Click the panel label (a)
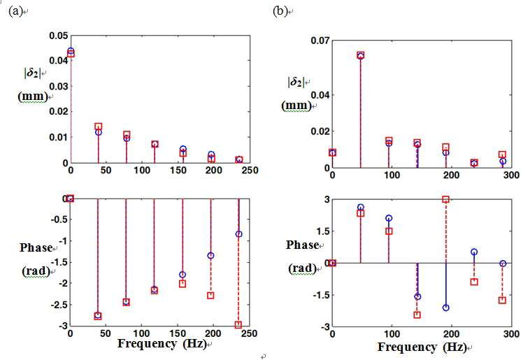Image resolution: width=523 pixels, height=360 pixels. point(15,11)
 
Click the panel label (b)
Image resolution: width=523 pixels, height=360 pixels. point(280,11)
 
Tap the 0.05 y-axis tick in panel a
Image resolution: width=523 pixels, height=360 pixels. point(58,36)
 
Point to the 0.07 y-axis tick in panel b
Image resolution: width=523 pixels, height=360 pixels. point(320,41)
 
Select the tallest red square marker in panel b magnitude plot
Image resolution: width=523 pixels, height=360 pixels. point(361,55)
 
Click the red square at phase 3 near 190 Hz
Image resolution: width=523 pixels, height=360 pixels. point(445,199)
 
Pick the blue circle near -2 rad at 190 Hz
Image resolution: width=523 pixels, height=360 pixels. point(445,308)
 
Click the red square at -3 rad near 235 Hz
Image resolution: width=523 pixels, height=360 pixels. point(238,324)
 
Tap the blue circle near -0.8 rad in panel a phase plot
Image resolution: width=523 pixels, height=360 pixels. point(238,234)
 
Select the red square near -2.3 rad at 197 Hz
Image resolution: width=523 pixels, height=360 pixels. point(210,295)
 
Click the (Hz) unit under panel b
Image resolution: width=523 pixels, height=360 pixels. point(454,347)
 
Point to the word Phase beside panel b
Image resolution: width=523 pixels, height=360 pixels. point(303,245)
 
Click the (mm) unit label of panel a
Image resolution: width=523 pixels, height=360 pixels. point(33,96)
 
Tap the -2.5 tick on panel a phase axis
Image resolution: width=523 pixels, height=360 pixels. point(59,304)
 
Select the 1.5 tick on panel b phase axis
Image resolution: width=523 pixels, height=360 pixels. point(322,231)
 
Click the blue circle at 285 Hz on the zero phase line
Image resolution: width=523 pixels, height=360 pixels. point(503,264)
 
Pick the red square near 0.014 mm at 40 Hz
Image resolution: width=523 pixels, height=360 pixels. point(98,127)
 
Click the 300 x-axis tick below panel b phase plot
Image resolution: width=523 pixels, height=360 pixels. point(511,333)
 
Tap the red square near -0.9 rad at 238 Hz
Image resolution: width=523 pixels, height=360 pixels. point(474,282)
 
